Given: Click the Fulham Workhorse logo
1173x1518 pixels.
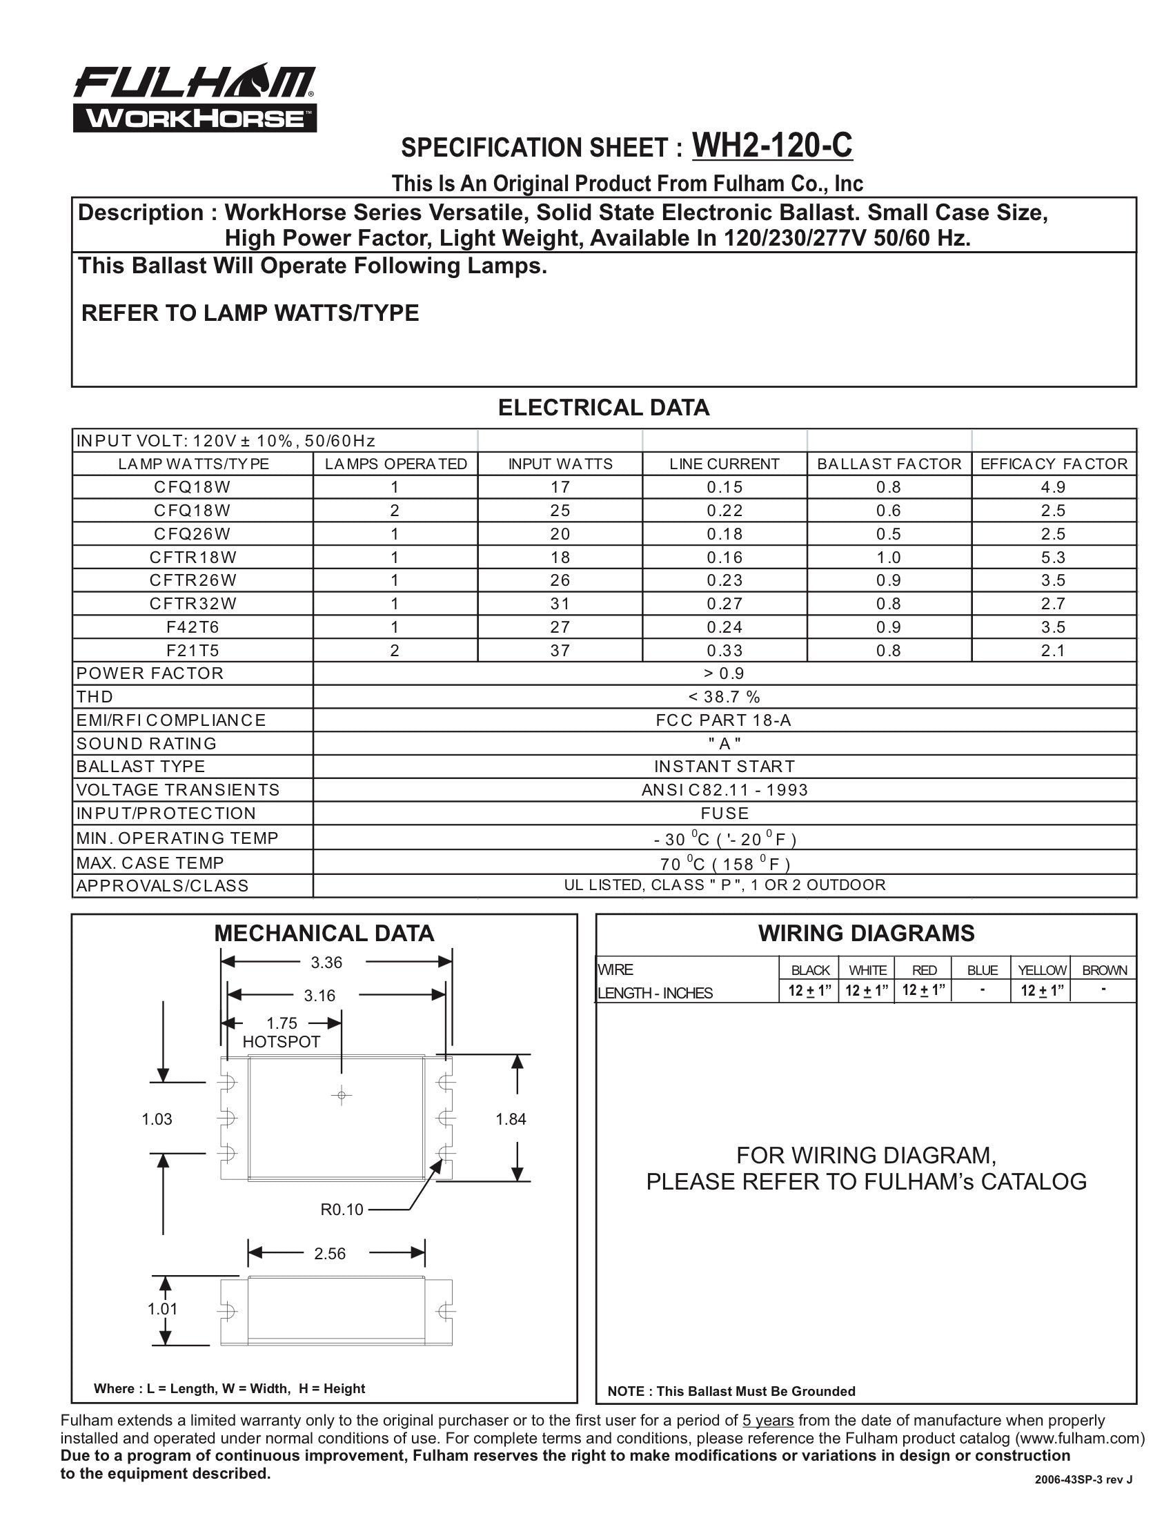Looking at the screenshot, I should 195,99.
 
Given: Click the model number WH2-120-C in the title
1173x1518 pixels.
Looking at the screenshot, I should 772,146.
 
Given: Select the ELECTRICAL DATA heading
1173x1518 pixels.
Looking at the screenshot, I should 603,407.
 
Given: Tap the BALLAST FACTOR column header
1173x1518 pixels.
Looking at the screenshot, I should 889,464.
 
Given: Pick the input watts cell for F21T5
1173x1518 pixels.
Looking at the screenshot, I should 560,650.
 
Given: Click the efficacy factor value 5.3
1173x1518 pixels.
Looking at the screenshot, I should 1053,557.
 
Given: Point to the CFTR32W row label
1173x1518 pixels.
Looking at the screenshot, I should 193,603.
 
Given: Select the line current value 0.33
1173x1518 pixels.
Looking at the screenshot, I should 724,650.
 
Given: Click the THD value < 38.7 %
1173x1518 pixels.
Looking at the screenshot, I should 724,696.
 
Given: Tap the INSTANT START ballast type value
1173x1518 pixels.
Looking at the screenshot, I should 724,766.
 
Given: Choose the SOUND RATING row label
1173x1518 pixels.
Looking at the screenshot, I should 146,743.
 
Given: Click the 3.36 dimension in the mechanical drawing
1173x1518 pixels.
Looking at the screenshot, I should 326,962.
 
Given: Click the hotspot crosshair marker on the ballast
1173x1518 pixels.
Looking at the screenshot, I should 341,1096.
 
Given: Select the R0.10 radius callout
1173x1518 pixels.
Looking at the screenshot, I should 342,1210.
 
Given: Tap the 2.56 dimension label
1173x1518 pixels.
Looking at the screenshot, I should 329,1253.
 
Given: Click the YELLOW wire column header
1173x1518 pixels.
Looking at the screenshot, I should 1042,969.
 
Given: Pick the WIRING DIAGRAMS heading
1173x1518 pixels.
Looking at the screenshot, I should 866,933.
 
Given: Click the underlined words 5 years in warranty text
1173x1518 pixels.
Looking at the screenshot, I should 768,1421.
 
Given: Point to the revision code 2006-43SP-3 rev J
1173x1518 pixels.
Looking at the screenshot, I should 1083,1480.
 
